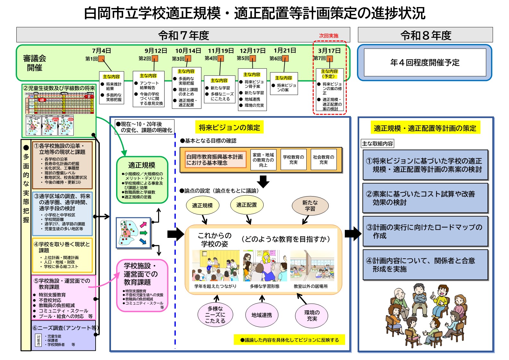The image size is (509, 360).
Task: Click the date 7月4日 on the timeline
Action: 101,51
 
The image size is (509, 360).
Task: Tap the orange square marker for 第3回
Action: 188,58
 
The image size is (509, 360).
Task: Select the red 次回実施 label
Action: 328,36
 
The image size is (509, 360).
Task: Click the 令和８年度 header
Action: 425,35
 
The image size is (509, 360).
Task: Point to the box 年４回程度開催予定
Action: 425,63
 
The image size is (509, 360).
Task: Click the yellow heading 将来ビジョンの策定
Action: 229,128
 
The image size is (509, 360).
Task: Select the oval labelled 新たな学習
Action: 310,205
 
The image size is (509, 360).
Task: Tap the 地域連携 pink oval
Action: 262,315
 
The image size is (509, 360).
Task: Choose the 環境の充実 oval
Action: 312,315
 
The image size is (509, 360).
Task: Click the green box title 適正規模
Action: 142,165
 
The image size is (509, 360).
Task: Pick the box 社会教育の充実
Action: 323,160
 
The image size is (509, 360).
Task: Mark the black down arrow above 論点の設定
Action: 263,181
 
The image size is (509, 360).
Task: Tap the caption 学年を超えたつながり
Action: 215,286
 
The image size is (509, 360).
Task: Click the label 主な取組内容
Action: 378,144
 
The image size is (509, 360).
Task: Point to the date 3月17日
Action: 329,51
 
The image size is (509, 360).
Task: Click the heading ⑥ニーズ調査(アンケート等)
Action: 65,328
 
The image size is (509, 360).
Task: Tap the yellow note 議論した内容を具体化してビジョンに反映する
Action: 289,340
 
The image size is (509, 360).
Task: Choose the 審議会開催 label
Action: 35,63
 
